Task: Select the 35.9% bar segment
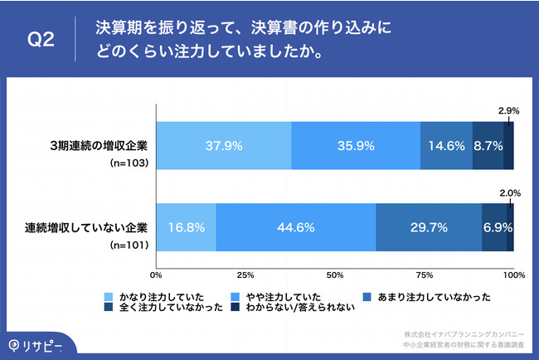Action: pos(356,145)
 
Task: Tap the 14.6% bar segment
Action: pos(446,145)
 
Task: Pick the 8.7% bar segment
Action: pos(488,145)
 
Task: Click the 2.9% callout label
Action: pos(508,110)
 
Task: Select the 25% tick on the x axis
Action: pos(245,275)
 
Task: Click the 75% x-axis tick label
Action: pos(424,275)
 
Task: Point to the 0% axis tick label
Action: pos(155,275)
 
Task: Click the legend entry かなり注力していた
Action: pos(157,296)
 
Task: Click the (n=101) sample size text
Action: pos(129,246)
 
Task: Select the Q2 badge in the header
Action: pos(41,41)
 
